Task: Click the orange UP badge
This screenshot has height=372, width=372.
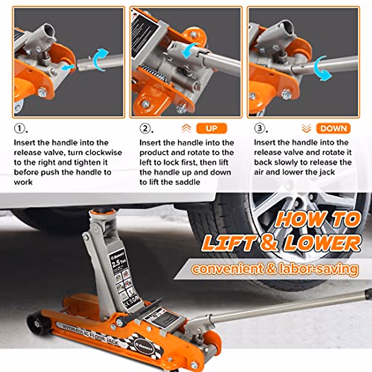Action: [x=212, y=128]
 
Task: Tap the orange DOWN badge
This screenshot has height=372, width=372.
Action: [x=333, y=128]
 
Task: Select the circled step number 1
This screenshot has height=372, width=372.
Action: [x=20, y=128]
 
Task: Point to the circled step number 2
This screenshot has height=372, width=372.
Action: [x=145, y=128]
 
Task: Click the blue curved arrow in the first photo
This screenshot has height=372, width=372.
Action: [x=100, y=59]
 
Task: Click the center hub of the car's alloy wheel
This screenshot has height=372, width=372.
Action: [x=305, y=208]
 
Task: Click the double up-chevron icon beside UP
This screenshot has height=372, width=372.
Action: [x=186, y=128]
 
